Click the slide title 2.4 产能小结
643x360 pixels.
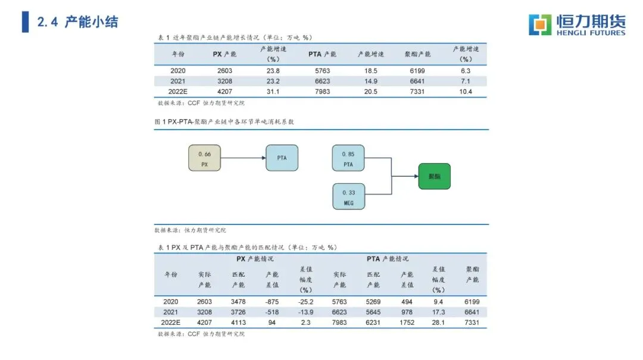coord(77,23)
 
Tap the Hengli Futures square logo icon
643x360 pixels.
coord(540,24)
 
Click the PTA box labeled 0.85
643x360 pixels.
coord(348,158)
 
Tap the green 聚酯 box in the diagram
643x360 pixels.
coord(434,176)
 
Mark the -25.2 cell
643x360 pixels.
coord(305,302)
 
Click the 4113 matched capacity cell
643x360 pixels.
coord(238,323)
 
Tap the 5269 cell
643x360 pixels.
coord(373,302)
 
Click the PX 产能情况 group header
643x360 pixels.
coord(255,259)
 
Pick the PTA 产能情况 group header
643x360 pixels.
coord(387,259)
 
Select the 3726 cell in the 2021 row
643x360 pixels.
coord(238,312)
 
